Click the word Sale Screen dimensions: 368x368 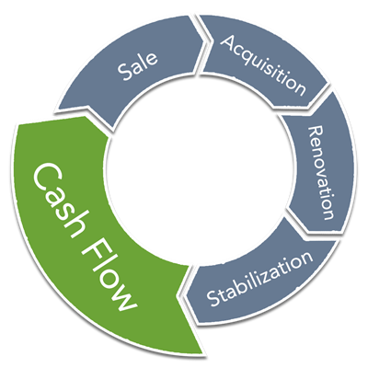point(137,66)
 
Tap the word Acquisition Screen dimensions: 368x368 point(263,64)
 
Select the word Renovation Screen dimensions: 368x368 point(321,173)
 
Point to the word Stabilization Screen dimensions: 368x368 point(259,278)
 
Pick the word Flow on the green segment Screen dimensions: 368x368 point(109,279)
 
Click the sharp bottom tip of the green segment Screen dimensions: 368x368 point(202,353)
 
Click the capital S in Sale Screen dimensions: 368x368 point(125,73)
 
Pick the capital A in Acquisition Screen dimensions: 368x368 point(231,43)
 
